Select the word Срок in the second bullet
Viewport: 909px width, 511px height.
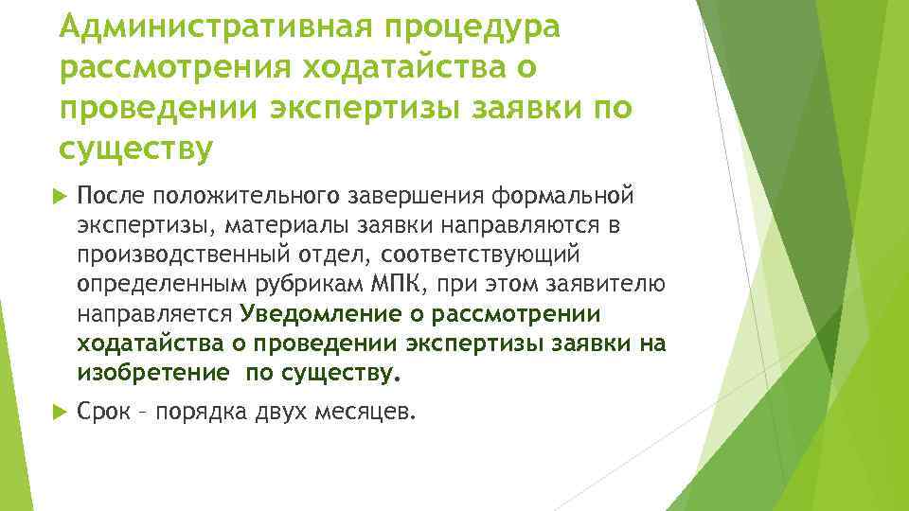104,412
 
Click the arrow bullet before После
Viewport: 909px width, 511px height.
62,196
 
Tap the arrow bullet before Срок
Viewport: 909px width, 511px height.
62,413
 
